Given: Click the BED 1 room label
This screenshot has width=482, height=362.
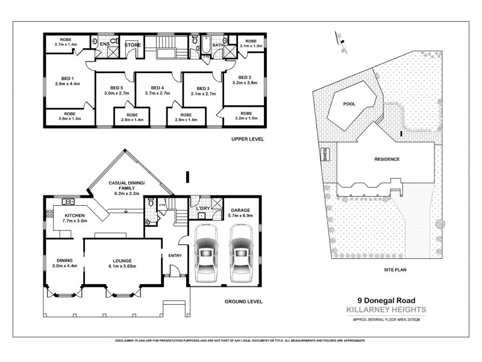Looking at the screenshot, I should [67, 78].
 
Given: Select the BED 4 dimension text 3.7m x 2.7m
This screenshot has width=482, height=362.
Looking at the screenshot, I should [158, 94].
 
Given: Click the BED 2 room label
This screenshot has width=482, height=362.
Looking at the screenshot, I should [244, 77].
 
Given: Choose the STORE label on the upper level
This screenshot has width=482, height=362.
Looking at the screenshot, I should [133, 45].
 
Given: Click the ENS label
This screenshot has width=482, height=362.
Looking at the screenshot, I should [104, 44].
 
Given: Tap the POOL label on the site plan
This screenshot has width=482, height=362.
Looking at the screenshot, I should [349, 104].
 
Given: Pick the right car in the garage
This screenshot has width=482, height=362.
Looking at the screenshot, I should [240, 253].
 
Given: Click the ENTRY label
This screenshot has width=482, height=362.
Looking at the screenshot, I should [175, 256].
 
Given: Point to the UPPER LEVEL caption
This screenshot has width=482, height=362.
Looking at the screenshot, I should [248, 139].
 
